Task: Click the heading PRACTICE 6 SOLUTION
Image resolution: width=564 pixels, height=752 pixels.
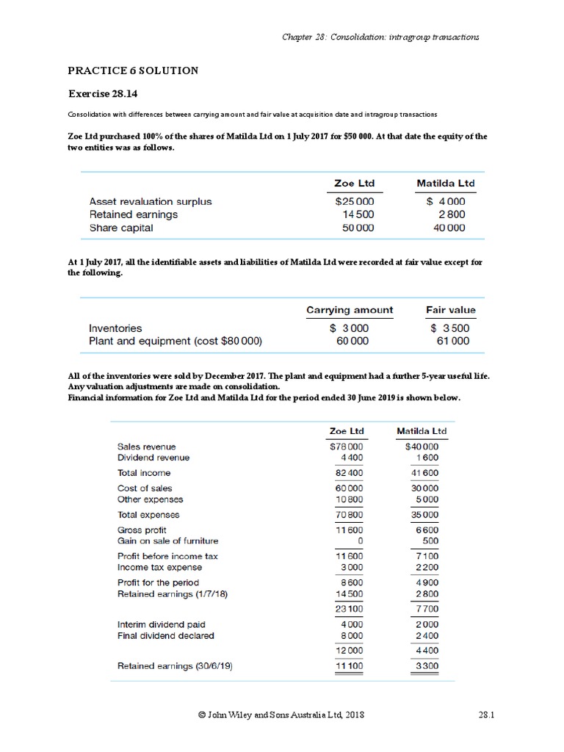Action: coord(133,70)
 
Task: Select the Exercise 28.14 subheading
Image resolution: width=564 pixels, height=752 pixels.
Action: coord(103,94)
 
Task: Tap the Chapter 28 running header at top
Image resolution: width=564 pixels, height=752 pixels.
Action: coord(381,37)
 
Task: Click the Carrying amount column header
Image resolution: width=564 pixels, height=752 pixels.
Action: coord(349,310)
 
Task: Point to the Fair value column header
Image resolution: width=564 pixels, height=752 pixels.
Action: coord(450,310)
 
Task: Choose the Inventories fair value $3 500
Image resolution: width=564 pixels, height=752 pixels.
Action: coord(449,328)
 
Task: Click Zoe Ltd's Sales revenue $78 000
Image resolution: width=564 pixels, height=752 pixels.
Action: coord(347,446)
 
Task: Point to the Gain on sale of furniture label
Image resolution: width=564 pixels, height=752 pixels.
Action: coord(167,541)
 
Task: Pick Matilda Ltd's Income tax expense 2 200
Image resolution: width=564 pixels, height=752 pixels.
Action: coord(427,568)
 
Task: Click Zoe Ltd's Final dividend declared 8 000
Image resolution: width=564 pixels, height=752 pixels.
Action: coord(350,636)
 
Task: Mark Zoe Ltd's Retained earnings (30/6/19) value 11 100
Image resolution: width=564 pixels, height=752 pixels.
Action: coord(350,666)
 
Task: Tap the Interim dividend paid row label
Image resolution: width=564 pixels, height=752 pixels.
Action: coord(161,625)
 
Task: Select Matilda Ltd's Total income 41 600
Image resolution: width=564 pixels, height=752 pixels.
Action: coord(425,473)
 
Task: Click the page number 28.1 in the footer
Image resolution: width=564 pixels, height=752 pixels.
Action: coord(483,715)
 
